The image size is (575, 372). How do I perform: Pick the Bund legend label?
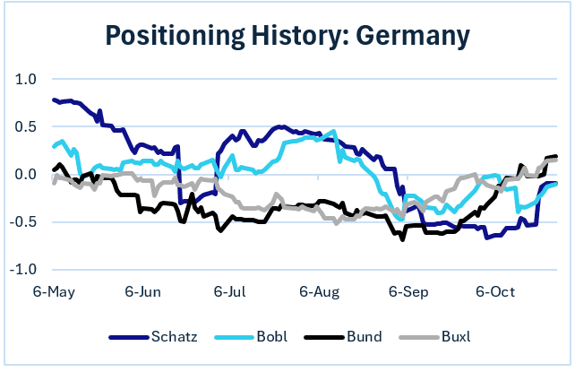click(363, 337)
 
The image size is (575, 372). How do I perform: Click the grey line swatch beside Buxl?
click(416, 338)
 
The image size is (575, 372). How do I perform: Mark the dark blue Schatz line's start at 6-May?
click(54, 100)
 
